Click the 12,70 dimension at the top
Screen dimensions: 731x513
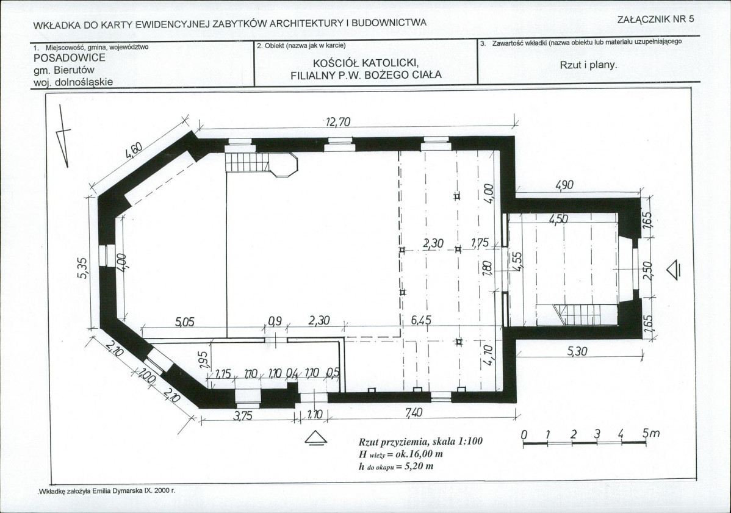[338, 122]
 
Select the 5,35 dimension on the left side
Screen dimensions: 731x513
[84, 268]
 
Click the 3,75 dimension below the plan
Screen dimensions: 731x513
[242, 415]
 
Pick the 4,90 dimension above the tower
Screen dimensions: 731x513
[564, 185]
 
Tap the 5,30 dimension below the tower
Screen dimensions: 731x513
[577, 351]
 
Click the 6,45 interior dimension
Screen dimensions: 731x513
[421, 320]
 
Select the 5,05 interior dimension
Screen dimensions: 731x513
[185, 321]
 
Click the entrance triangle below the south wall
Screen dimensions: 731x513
[315, 437]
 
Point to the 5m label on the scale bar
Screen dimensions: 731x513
[651, 433]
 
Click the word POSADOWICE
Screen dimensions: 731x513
[70, 58]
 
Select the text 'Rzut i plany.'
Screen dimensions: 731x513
[588, 65]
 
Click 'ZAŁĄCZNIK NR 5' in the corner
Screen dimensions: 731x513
[655, 19]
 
